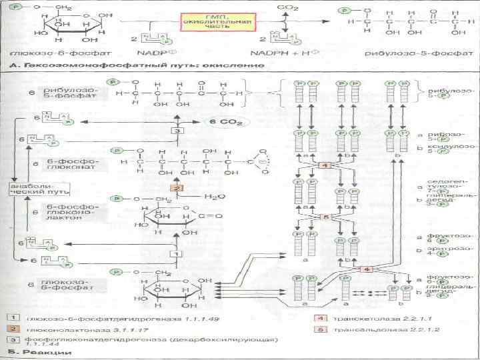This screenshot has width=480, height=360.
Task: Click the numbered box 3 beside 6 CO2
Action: (x=177, y=131)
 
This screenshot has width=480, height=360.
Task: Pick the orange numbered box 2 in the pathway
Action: (x=176, y=189)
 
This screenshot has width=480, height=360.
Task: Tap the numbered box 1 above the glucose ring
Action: (x=176, y=254)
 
